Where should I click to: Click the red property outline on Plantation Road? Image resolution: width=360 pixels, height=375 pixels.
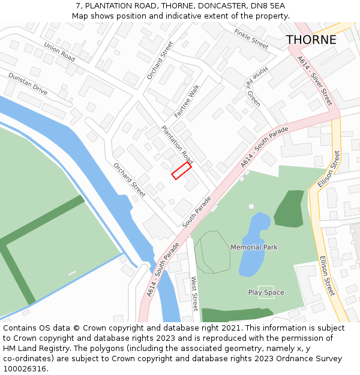[181, 171]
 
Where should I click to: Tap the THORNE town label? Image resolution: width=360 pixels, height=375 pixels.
[311, 40]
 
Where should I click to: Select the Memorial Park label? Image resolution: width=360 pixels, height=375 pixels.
[254, 247]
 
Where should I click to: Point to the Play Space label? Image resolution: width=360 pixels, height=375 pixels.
[266, 293]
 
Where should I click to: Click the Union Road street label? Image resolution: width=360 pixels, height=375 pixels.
[59, 52]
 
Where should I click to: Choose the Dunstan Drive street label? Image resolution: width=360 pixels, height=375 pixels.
[28, 83]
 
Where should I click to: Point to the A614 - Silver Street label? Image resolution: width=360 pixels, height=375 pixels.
[314, 81]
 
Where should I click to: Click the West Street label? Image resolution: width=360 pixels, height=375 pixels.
[194, 293]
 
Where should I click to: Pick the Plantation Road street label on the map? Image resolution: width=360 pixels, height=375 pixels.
[177, 145]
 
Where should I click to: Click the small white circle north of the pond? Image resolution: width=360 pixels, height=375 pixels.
[251, 206]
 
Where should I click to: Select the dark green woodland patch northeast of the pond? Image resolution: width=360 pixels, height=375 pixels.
[290, 208]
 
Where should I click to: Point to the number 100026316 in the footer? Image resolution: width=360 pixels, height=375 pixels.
[25, 369]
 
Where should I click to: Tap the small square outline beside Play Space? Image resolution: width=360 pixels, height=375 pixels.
[265, 292]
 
